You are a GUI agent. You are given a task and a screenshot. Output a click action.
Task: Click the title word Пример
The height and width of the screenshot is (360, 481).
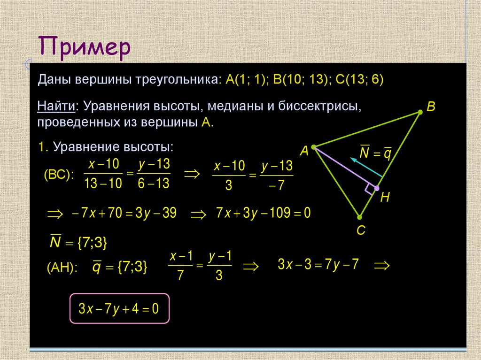[84, 48]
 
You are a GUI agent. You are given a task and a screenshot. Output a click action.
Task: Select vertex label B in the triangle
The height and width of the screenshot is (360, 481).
[431, 107]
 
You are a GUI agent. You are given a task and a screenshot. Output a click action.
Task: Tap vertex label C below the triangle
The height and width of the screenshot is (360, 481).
[361, 231]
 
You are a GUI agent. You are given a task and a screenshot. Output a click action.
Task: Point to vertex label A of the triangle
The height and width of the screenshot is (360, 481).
[304, 151]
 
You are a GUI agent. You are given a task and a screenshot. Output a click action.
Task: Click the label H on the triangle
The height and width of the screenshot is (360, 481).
[385, 198]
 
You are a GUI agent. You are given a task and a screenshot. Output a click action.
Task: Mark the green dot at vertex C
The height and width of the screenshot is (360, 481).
[359, 217]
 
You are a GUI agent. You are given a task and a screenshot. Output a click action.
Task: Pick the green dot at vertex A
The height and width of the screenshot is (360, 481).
[313, 147]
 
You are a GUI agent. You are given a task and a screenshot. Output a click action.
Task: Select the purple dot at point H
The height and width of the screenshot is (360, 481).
[377, 188]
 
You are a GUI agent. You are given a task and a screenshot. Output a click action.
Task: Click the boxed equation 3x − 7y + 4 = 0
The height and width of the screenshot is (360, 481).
[119, 309]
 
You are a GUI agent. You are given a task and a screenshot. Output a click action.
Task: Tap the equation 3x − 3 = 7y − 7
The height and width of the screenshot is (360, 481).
[318, 264]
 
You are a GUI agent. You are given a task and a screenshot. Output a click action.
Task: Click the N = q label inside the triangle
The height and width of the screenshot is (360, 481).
[375, 153]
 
